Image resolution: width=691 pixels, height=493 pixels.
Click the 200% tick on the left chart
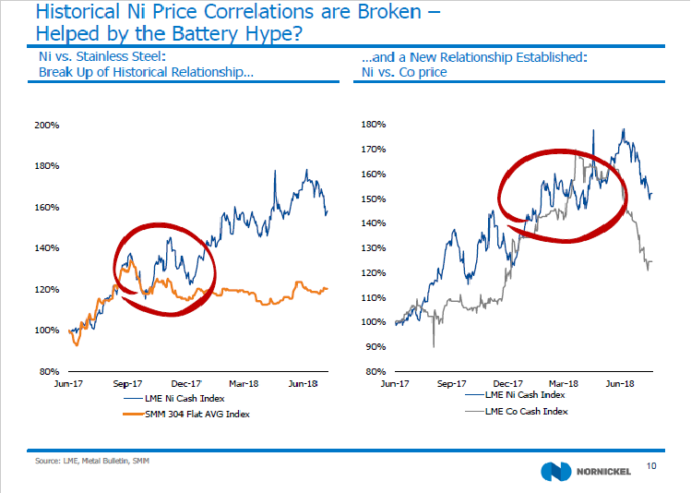pyautogui.click(x=47, y=126)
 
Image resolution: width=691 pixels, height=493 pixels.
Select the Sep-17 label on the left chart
pyautogui.click(x=129, y=381)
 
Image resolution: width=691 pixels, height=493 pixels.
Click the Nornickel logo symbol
pyautogui.click(x=555, y=470)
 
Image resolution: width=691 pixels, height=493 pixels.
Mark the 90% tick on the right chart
pyautogui.click(x=375, y=347)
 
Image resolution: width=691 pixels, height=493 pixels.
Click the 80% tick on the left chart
pyautogui.click(x=49, y=371)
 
